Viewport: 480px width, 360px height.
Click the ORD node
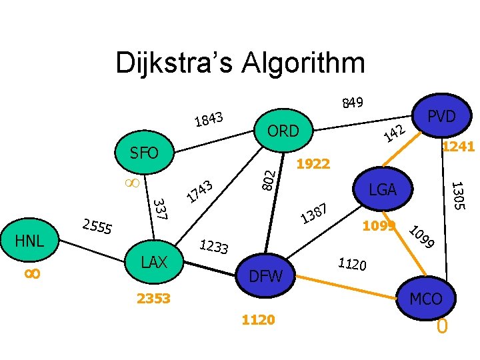283,131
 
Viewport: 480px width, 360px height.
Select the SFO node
144,153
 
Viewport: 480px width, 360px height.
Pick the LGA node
383,190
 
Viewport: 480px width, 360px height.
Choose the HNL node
29,241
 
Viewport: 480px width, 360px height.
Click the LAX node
154,262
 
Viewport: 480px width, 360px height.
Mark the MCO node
426,299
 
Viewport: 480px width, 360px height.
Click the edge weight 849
352,103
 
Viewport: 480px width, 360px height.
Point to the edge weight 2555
97,227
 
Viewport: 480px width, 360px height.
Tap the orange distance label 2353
154,298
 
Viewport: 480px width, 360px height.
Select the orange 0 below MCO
441,327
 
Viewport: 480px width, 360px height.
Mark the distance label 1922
313,163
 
